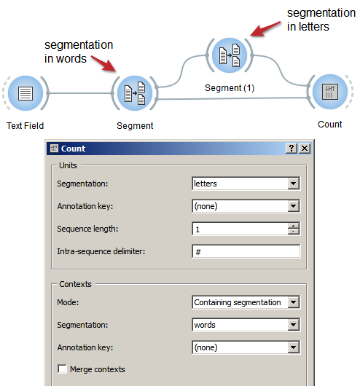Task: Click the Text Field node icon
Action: [26, 93]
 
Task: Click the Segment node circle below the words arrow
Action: [135, 93]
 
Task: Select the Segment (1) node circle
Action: [230, 55]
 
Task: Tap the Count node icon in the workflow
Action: [330, 92]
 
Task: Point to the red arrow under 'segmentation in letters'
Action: [265, 29]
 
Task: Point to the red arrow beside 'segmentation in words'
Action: [103, 64]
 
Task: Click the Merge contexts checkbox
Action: [62, 369]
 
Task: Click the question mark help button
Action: [291, 148]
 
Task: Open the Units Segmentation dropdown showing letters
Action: [246, 184]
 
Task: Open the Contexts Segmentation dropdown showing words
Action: [246, 325]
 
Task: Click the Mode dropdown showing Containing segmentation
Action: [246, 302]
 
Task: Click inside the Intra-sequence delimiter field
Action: [246, 251]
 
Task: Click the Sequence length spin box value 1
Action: [240, 229]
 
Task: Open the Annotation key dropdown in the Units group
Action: [246, 206]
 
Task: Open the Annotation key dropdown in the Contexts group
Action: [246, 347]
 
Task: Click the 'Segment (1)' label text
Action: [230, 88]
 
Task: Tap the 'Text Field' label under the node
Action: [25, 125]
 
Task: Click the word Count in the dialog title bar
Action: [73, 149]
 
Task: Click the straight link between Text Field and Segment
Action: [80, 93]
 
